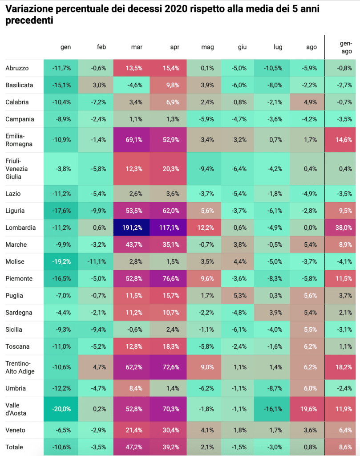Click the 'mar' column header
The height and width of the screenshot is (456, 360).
(137, 47)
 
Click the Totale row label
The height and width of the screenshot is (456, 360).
(14, 447)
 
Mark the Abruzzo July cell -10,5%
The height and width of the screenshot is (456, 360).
(271, 68)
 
